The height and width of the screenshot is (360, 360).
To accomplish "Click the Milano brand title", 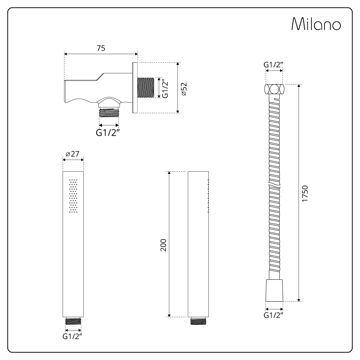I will pos(316,25).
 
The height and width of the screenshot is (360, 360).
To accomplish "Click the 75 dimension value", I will pos(101,48).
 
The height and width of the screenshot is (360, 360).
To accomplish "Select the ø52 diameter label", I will pos(184,89).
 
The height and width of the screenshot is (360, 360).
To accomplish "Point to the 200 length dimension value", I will pos(163,245).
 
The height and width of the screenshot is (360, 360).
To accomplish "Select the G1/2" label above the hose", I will pos(274,65).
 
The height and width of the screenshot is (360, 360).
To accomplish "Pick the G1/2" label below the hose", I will pos(274,315).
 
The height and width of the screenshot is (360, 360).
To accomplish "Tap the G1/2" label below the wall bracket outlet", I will pos(108,132).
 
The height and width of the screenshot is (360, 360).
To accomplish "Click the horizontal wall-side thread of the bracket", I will pos(146,87).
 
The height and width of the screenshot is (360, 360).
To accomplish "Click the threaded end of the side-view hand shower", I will pos(198,321).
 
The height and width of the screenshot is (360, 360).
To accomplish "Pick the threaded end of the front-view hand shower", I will pos(73,321).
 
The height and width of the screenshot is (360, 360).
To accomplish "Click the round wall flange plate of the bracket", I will pos(135,87).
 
